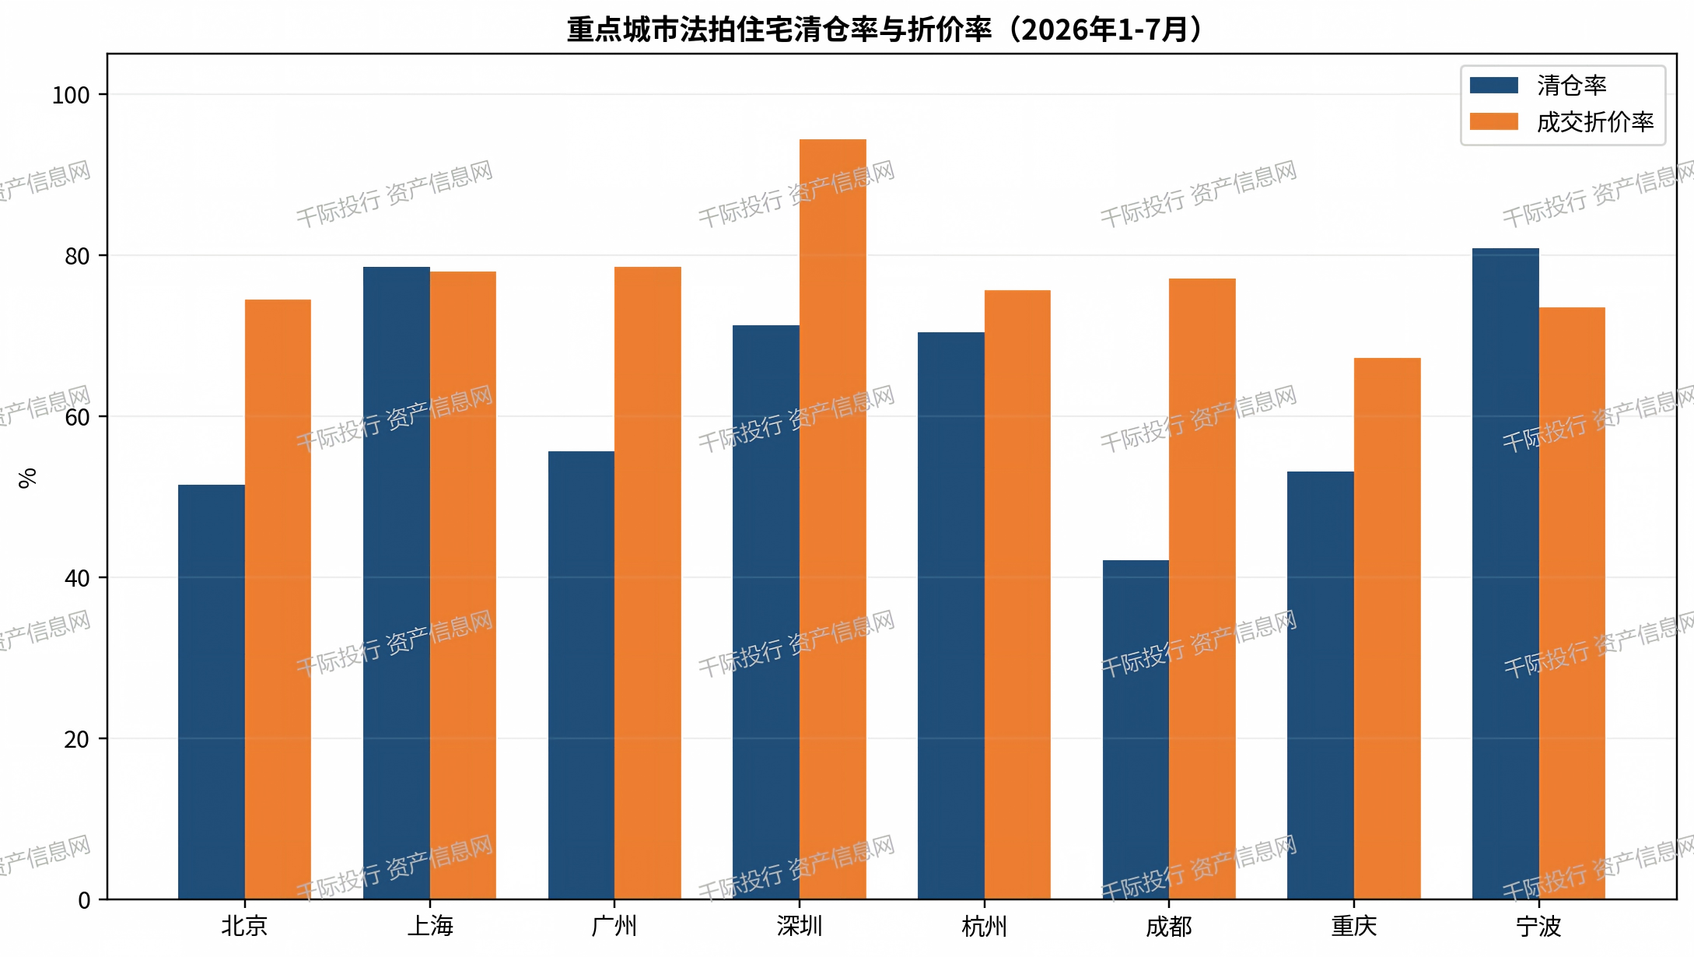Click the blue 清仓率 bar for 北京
point(212,692)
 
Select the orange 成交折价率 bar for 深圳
point(833,519)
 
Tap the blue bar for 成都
point(1136,730)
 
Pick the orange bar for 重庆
point(1388,629)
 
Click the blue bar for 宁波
point(1506,573)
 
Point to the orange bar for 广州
point(648,583)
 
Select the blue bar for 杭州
point(951,615)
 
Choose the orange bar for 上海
point(463,585)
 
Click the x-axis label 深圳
point(800,926)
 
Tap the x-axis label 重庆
point(1354,926)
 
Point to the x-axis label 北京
point(245,926)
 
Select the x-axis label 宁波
point(1539,926)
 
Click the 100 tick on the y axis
point(71,95)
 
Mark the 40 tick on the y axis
point(77,578)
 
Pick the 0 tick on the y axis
point(84,900)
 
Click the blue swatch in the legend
point(1494,85)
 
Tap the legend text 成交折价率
point(1595,122)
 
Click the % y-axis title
point(28,478)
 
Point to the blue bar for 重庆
point(1321,685)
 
